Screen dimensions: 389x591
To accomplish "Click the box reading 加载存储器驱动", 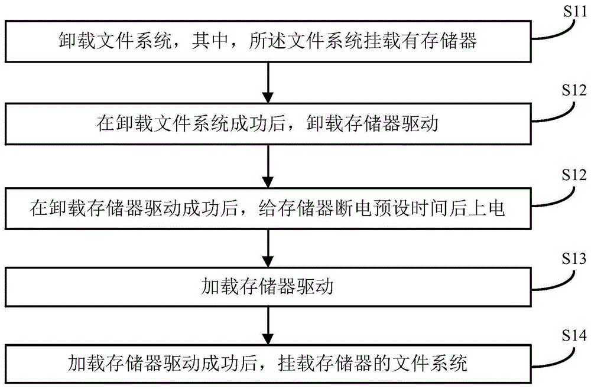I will [269, 287].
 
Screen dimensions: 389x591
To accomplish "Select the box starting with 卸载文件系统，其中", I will [269, 41].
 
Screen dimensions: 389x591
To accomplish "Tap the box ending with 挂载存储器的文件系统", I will [269, 362].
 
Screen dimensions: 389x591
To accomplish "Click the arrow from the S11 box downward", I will [269, 83].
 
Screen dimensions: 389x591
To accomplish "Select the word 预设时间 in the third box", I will [428, 209].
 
